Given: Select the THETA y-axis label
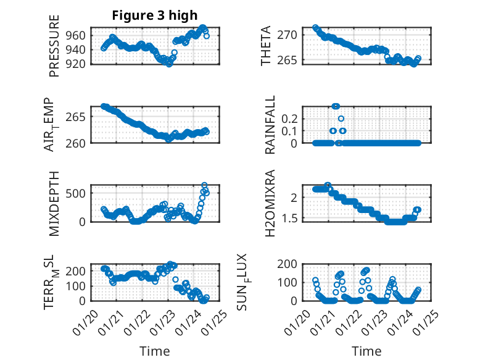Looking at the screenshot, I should pos(266,46).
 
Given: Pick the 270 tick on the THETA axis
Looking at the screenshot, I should pos(291,35).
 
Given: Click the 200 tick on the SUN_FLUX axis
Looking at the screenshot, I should pos(291,263).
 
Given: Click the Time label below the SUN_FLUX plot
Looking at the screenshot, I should pos(366,351).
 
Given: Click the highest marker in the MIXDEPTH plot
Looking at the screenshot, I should pos(204,185).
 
